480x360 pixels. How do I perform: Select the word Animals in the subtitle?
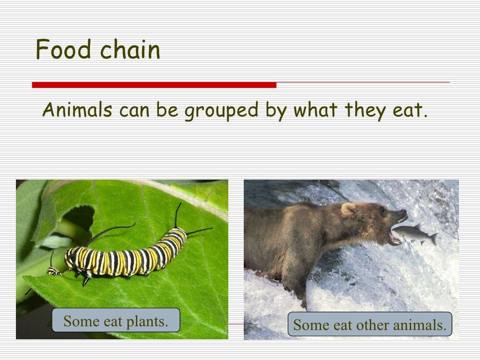(77, 111)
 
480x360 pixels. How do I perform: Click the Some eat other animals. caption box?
(370, 324)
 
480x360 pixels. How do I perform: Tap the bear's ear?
(347, 209)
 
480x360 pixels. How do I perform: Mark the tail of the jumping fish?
(434, 239)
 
